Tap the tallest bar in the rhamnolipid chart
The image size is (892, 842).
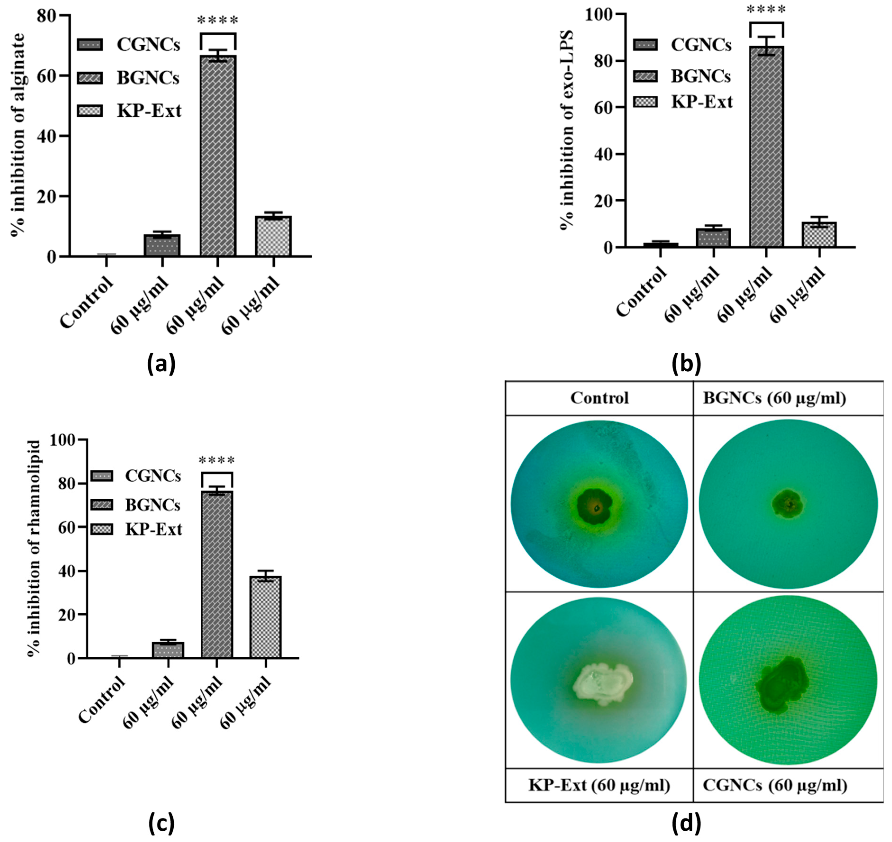coord(217,574)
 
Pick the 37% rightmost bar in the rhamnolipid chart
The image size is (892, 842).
coord(266,617)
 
